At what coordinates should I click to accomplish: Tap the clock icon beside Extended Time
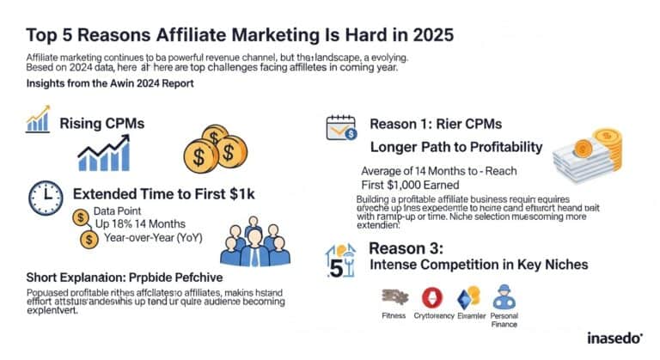click(45, 192)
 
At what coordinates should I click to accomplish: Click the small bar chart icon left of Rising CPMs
click(38, 122)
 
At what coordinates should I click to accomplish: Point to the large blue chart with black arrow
click(105, 155)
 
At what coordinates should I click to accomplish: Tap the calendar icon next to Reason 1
click(339, 127)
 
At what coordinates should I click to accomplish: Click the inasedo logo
click(606, 337)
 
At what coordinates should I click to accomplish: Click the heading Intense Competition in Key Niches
click(478, 265)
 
